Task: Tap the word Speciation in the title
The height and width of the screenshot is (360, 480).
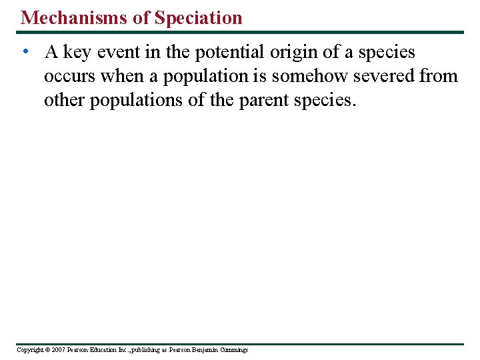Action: pyautogui.click(x=198, y=18)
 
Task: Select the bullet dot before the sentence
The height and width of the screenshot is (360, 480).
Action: pyautogui.click(x=24, y=53)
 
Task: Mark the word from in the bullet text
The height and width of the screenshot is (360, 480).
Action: pyautogui.click(x=439, y=76)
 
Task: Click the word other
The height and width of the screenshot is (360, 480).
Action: pyautogui.click(x=65, y=100)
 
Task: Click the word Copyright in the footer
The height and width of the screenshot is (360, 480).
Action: pyautogui.click(x=29, y=350)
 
